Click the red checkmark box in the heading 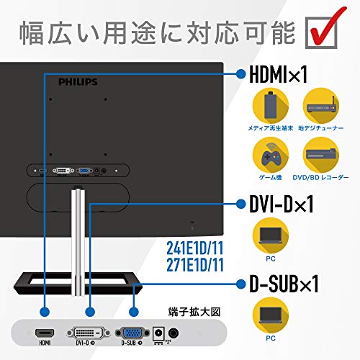(x=323, y=30)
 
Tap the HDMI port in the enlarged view (x=45, y=334)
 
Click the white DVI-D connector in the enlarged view (x=90, y=334)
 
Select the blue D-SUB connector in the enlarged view (x=133, y=334)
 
